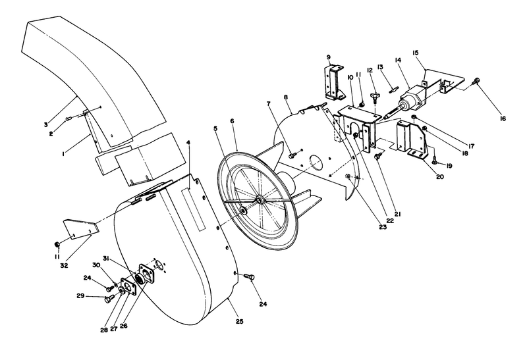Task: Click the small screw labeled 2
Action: [70, 118]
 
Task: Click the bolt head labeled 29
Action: [107, 299]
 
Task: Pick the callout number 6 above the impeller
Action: [233, 121]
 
